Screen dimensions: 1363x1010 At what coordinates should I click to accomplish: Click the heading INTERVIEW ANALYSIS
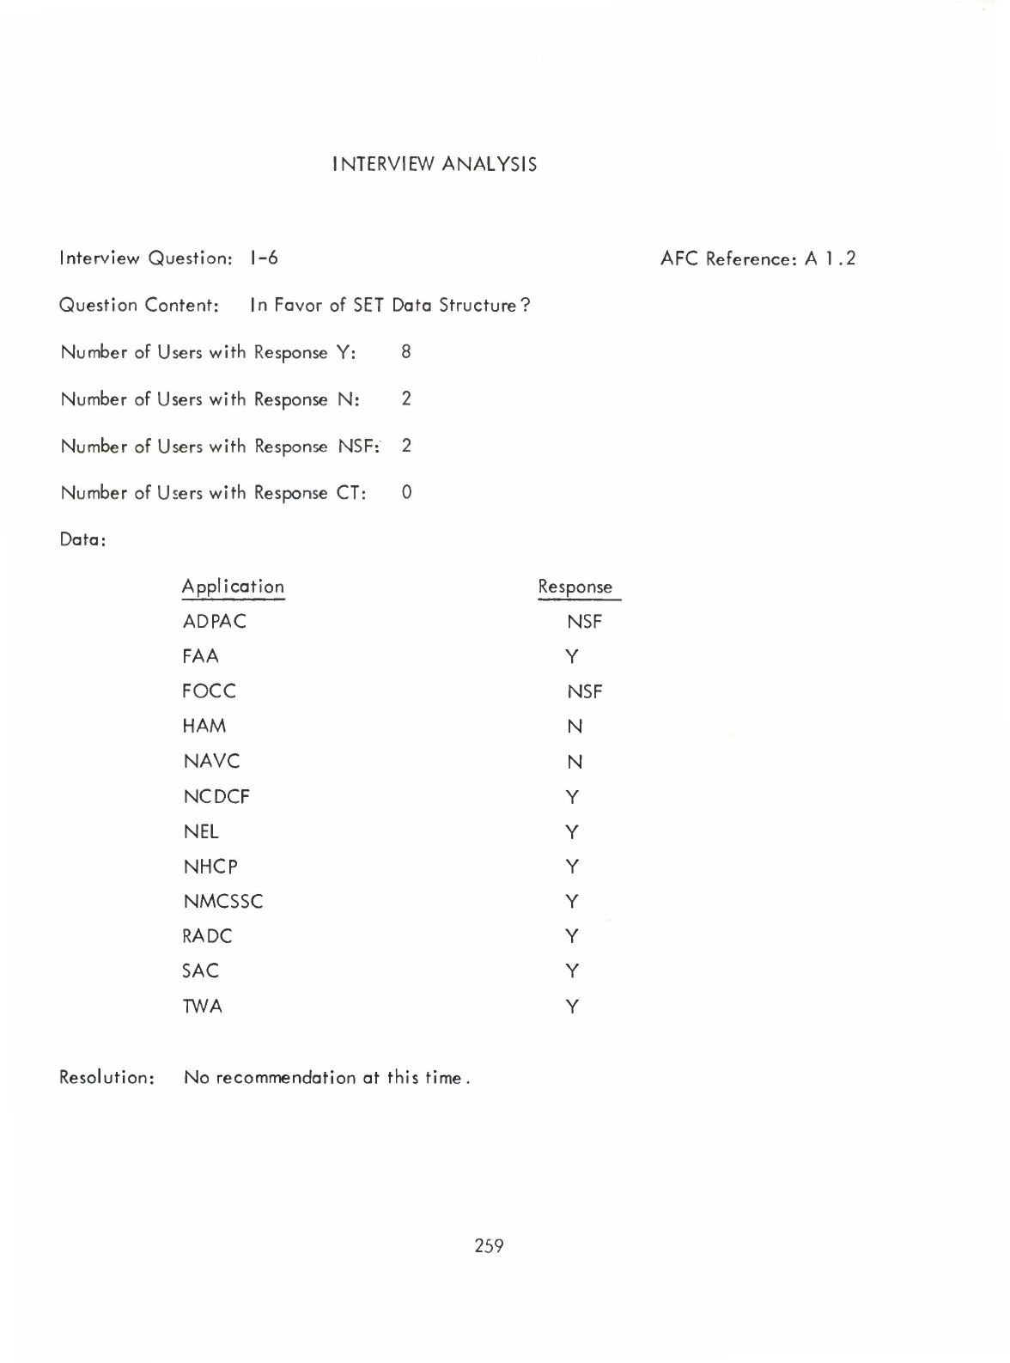[435, 164]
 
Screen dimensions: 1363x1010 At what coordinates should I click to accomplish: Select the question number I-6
[264, 258]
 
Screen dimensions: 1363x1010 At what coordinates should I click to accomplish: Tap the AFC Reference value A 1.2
[831, 259]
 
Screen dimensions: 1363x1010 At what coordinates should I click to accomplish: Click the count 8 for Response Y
[406, 351]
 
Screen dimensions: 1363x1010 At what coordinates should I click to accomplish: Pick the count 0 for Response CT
[406, 492]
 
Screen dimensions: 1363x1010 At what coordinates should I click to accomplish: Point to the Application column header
[233, 587]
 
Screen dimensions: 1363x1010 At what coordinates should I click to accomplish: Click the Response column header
[575, 587]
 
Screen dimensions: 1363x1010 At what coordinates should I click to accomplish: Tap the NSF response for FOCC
[584, 691]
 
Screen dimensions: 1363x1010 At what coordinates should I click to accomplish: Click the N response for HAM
[575, 727]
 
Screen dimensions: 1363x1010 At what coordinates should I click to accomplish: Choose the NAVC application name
[211, 761]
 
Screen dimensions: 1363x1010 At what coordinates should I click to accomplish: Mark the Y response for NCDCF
[573, 797]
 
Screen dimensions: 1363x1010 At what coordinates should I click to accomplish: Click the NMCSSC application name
[223, 901]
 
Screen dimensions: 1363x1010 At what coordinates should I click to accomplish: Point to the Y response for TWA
[573, 1007]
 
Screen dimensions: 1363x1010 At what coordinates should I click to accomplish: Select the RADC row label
[208, 936]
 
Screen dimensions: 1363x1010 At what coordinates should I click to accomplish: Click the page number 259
[489, 1244]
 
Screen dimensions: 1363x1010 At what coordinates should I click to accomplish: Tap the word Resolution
[106, 1077]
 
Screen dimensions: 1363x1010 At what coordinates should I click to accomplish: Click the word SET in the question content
[368, 305]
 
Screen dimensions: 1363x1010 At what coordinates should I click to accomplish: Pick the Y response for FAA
[573, 657]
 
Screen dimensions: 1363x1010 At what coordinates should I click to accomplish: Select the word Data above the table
[81, 540]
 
